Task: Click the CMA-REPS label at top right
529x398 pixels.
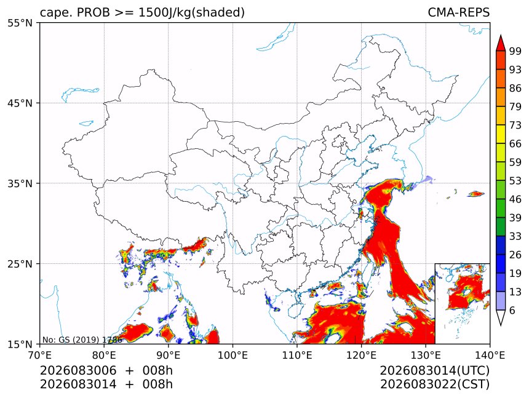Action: pyautogui.click(x=458, y=12)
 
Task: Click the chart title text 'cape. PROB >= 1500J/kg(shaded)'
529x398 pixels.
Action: pyautogui.click(x=142, y=13)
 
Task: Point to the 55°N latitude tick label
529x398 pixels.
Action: pyautogui.click(x=20, y=23)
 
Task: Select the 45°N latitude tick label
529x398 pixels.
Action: pyautogui.click(x=20, y=103)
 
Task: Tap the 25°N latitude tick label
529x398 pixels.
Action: pyautogui.click(x=20, y=264)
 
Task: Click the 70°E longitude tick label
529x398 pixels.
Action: pyautogui.click(x=40, y=355)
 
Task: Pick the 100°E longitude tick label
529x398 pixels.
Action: pyautogui.click(x=233, y=355)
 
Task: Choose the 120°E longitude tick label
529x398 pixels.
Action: pyautogui.click(x=361, y=355)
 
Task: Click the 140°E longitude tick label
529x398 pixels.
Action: pyautogui.click(x=490, y=355)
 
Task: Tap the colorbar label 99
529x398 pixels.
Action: pyautogui.click(x=515, y=51)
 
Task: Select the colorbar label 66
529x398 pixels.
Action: pyautogui.click(x=515, y=144)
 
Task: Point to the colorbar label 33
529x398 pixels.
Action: pyautogui.click(x=515, y=236)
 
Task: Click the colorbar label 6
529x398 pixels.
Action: pyautogui.click(x=512, y=310)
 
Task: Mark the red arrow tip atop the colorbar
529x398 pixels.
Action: pyautogui.click(x=501, y=35)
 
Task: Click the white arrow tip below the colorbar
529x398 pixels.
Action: pyautogui.click(x=501, y=325)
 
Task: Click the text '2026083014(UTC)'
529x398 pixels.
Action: pyautogui.click(x=434, y=371)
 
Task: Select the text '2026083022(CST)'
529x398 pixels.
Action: pyautogui.click(x=434, y=384)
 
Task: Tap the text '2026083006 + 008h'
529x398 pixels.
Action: pyautogui.click(x=106, y=370)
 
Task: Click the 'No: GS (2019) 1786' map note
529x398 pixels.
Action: pyautogui.click(x=82, y=340)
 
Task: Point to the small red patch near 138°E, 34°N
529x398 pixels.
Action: pyautogui.click(x=476, y=194)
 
